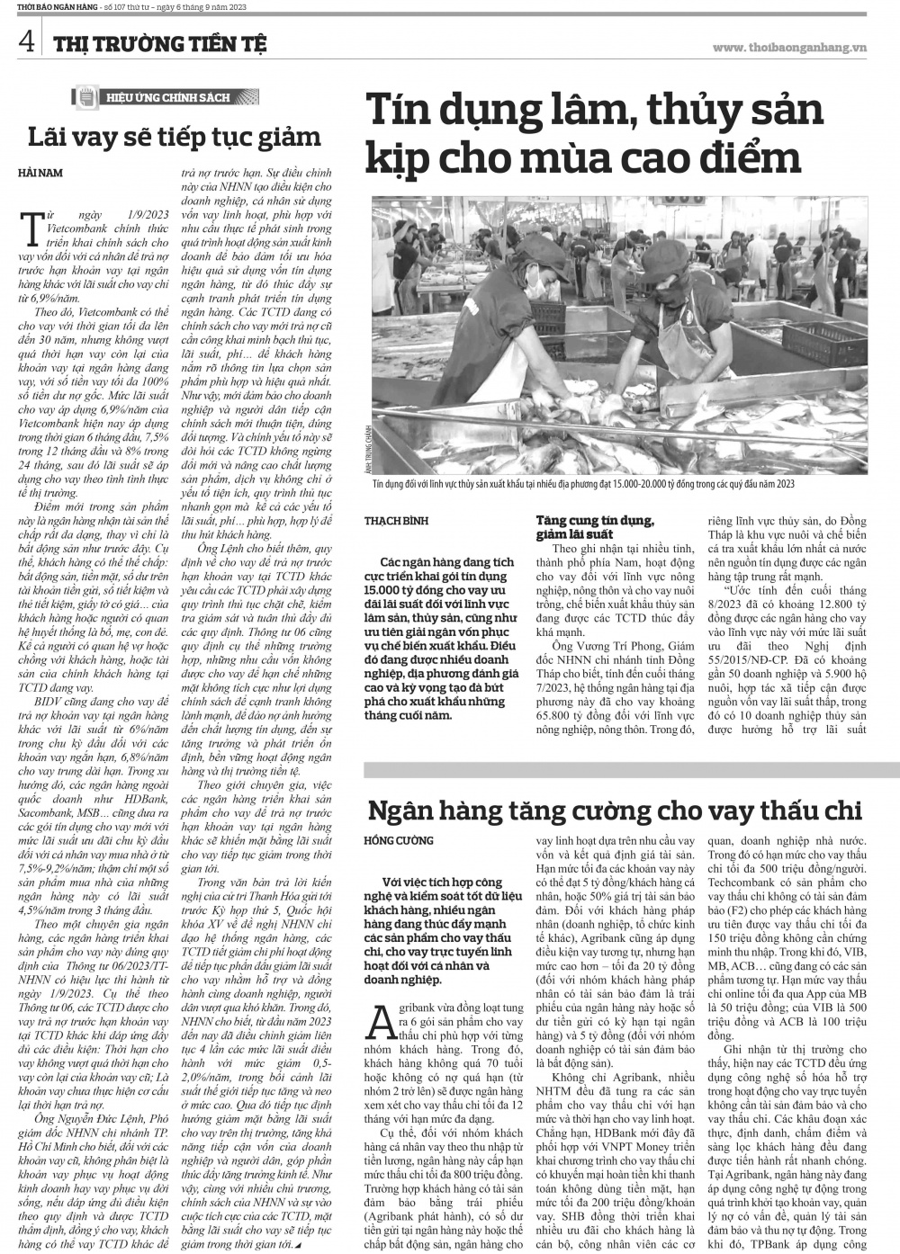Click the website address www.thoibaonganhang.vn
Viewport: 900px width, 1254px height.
[x=788, y=47]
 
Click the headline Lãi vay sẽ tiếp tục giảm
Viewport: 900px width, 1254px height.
[x=174, y=138]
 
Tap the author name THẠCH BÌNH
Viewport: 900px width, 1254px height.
[x=396, y=521]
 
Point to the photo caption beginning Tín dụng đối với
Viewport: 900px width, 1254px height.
[x=583, y=485]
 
